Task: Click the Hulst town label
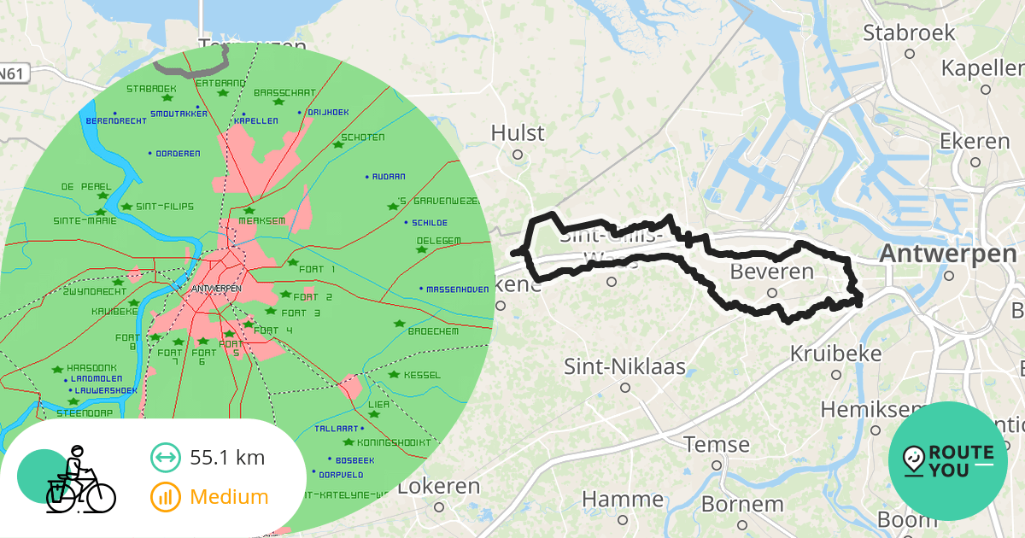(x=518, y=133)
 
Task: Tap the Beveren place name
(x=772, y=272)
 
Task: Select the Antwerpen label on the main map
(x=948, y=254)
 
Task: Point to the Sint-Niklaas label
(x=625, y=367)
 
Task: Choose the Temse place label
(x=717, y=445)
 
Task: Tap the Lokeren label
(x=439, y=487)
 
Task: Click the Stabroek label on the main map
(x=909, y=33)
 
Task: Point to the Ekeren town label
(x=975, y=141)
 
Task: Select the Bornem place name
(x=742, y=504)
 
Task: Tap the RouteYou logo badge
(x=947, y=461)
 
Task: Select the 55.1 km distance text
(x=227, y=458)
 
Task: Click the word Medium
(x=229, y=497)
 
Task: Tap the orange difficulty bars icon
(x=165, y=497)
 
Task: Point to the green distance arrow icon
(x=165, y=458)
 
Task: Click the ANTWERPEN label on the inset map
(x=218, y=289)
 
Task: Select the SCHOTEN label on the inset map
(x=363, y=137)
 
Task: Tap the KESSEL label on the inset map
(x=422, y=375)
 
